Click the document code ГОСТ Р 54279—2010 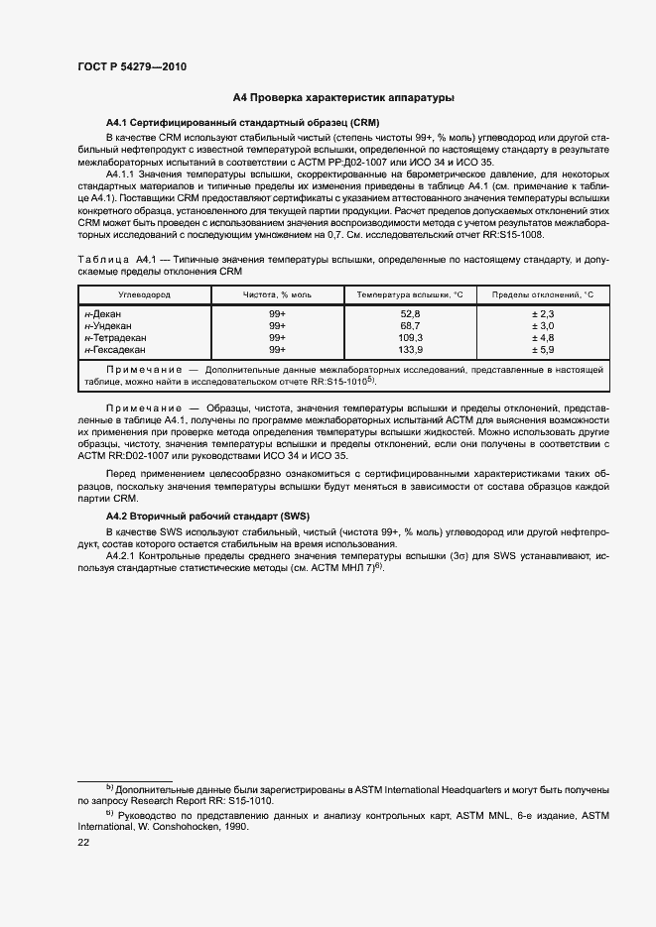coord(132,67)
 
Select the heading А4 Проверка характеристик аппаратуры coord(343,98)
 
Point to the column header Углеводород coord(145,295)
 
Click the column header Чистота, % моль coord(278,295)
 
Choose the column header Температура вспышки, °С coord(410,295)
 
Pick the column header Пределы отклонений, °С coord(542,295)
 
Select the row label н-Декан coord(103,314)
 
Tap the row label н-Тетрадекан coord(114,338)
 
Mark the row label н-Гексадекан coord(115,350)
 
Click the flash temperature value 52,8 coord(410,314)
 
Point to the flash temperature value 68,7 coord(410,326)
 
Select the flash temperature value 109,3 coord(410,338)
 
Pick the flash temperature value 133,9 coord(410,350)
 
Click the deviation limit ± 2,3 coord(542,314)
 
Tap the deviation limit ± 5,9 coord(542,350)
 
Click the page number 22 coord(83,842)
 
